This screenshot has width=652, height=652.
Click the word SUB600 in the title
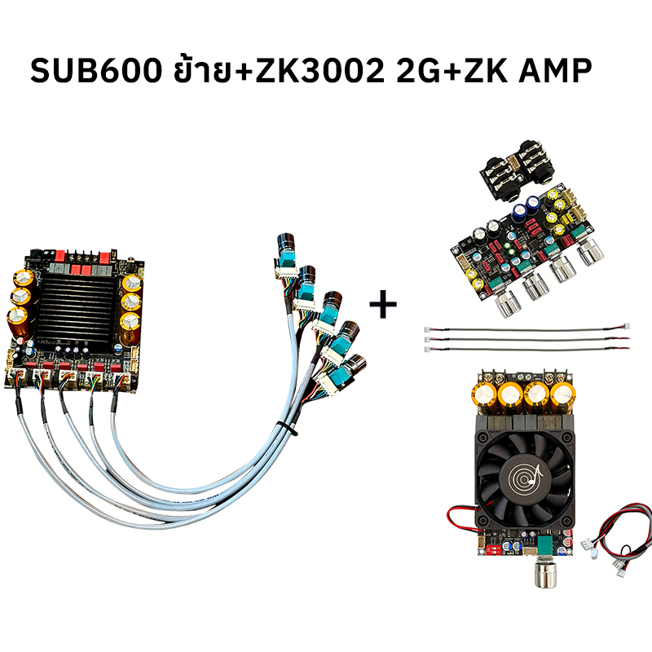coord(95,70)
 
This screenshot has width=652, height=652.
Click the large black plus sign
coord(383,304)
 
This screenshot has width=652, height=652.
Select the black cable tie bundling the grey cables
coord(287,429)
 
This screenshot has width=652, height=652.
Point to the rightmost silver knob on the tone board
coord(589,251)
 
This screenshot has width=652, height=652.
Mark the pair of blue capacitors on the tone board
coord(526,207)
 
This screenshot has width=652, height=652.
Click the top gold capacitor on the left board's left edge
coord(24,280)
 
